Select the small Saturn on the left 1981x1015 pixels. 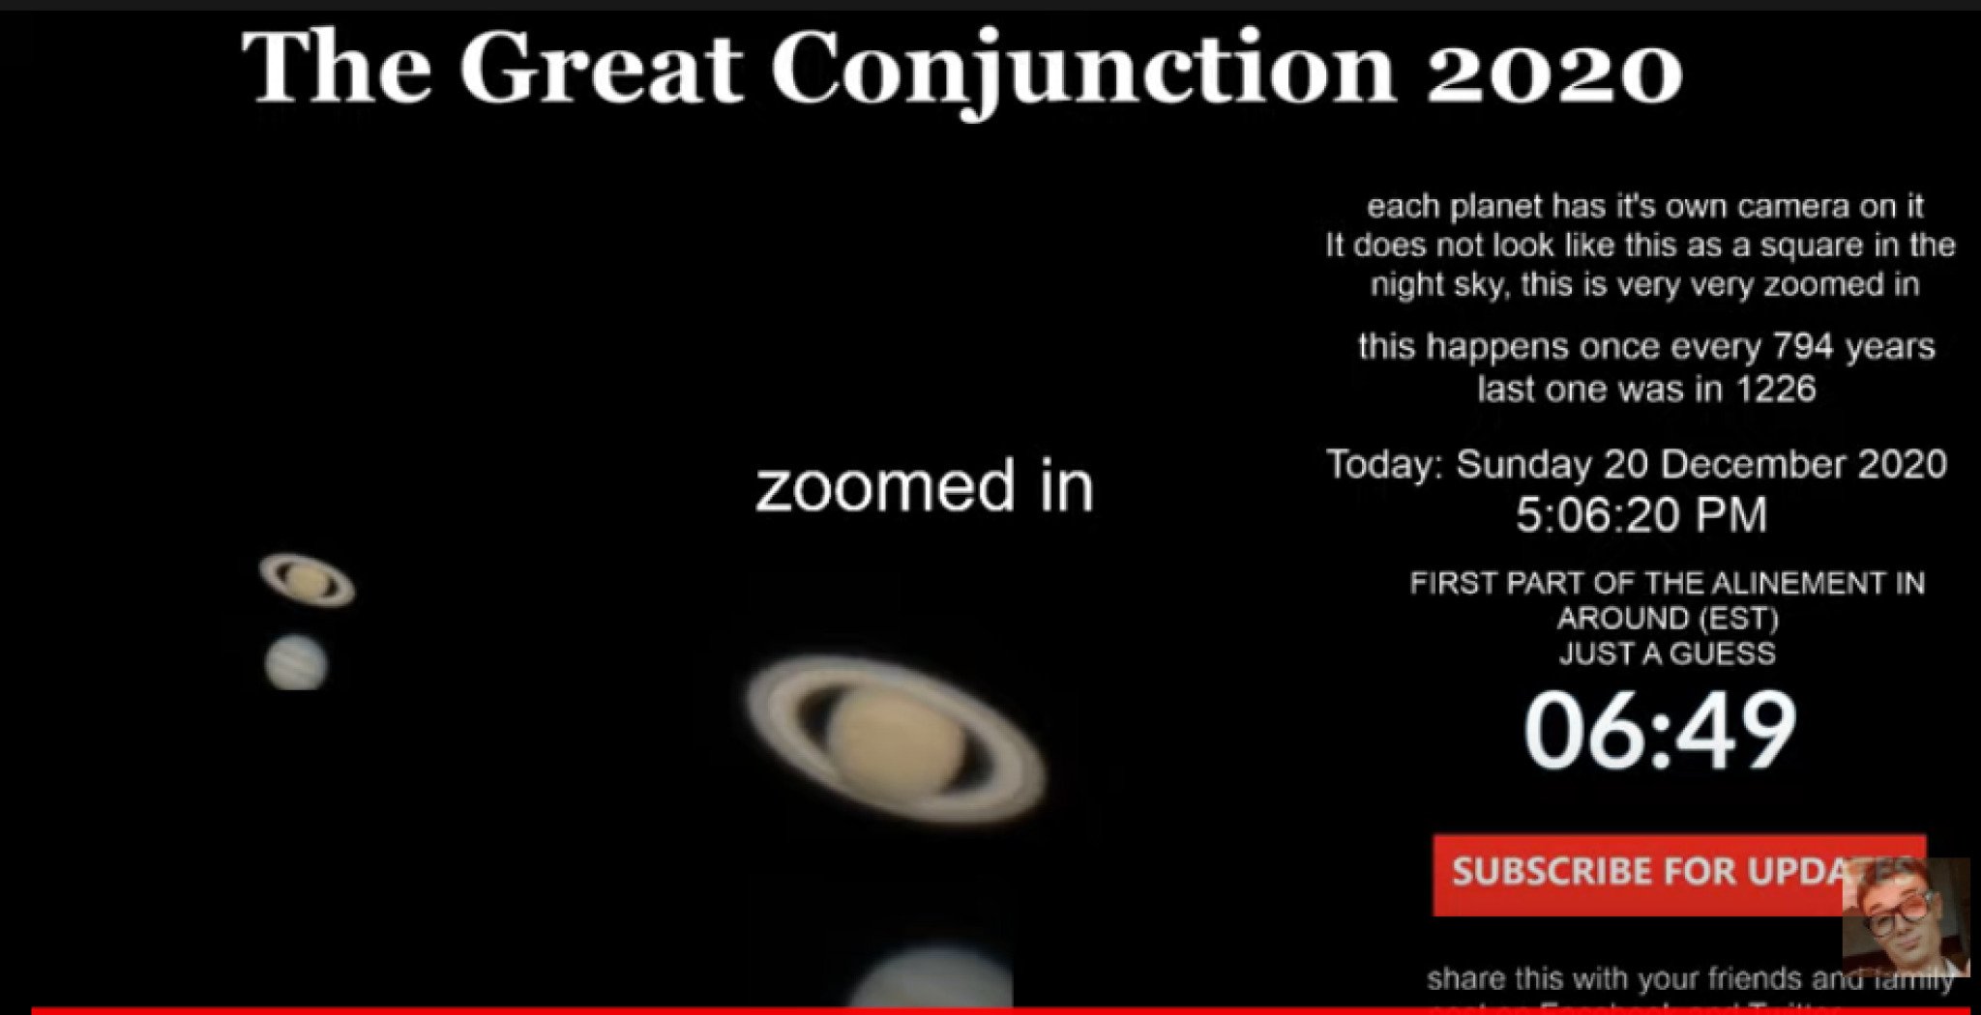pos(307,579)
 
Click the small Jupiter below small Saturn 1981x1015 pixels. pos(296,662)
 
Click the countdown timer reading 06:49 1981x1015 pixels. pos(1660,731)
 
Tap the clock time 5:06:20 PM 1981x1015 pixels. pos(1641,514)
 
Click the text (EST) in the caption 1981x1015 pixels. pos(1736,618)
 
